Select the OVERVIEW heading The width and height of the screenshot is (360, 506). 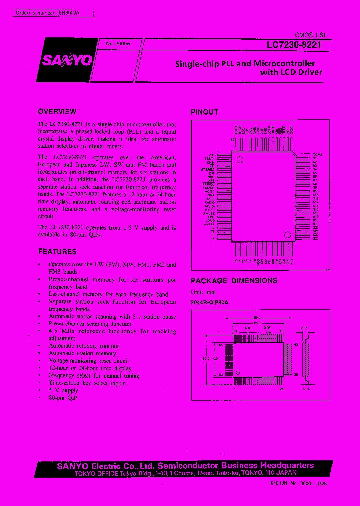57,111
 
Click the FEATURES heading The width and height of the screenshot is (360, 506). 57,251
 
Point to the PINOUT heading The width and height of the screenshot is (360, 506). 205,112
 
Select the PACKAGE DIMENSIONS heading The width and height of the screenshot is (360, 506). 234,281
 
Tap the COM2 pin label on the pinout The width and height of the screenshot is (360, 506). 317,155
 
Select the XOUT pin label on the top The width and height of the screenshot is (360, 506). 236,130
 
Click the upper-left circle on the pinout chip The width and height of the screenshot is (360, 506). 239,160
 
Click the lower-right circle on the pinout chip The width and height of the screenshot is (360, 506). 287,235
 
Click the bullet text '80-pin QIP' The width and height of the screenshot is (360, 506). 63,398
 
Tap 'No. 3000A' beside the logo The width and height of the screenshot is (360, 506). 117,44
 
